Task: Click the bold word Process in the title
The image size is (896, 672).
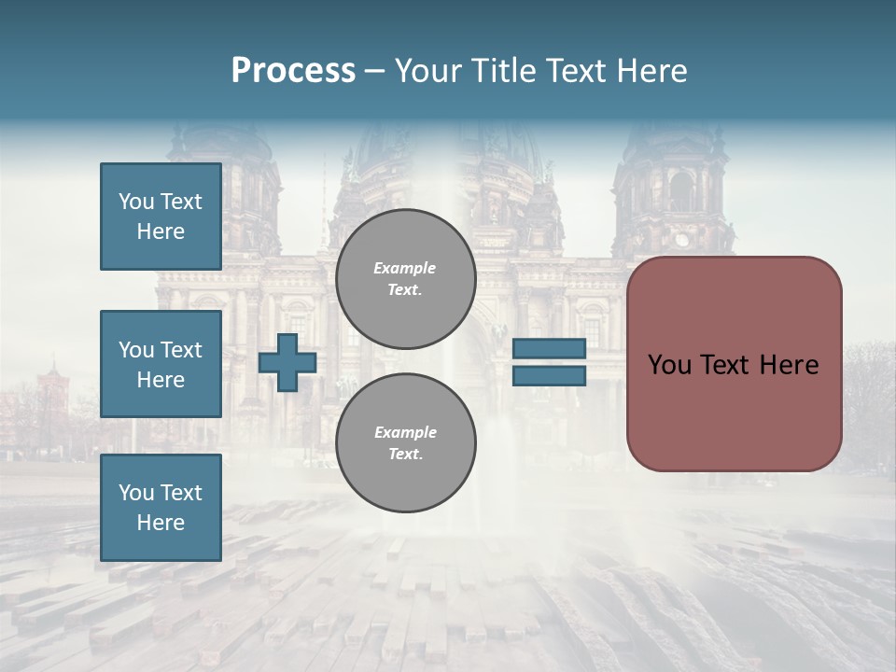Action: [x=293, y=71]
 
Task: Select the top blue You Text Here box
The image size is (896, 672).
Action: [x=161, y=217]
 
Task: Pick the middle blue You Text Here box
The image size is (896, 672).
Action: [x=161, y=364]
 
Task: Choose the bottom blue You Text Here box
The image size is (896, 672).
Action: [x=161, y=508]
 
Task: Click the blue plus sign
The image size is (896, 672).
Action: [x=287, y=363]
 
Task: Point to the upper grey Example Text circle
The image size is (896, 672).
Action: [x=406, y=279]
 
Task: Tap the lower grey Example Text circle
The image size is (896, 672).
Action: [x=406, y=443]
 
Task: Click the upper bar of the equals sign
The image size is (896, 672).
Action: [x=549, y=348]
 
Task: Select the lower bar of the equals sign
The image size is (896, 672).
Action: [x=549, y=375]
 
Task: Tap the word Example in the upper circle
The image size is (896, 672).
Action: [x=405, y=268]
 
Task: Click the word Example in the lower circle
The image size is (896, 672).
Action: [x=405, y=432]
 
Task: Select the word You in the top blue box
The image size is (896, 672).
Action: [x=135, y=202]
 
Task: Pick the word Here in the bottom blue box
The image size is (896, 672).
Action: [x=161, y=523]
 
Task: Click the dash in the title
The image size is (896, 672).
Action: [x=374, y=71]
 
